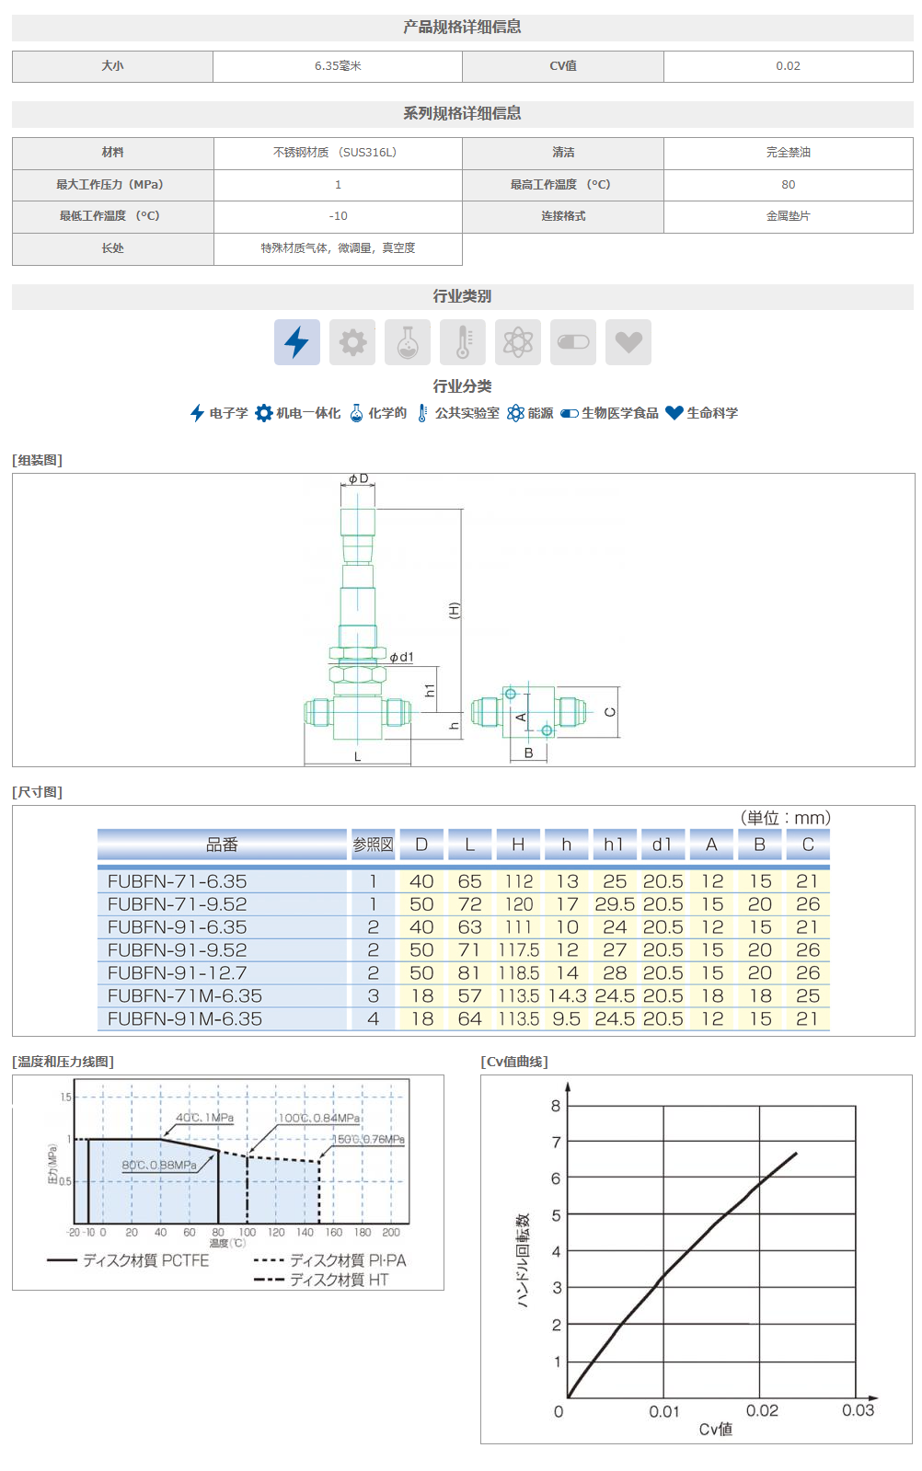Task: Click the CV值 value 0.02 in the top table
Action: click(788, 66)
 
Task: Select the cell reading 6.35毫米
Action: click(338, 66)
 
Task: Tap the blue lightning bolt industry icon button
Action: click(297, 342)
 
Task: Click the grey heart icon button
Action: click(628, 342)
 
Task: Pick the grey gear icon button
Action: click(352, 342)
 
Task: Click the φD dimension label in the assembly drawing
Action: click(358, 479)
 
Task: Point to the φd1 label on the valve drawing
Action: click(401, 657)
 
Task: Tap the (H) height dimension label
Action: click(454, 610)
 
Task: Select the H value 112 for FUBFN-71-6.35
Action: click(518, 881)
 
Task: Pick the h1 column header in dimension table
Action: click(614, 845)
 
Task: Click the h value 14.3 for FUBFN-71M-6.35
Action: click(567, 996)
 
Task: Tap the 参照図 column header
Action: click(373, 845)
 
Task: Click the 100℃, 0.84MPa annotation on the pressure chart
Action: click(319, 1118)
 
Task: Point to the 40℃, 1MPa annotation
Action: click(204, 1118)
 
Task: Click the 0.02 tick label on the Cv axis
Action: click(762, 1411)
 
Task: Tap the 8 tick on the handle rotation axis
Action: click(556, 1106)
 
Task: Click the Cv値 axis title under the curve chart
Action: click(715, 1430)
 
